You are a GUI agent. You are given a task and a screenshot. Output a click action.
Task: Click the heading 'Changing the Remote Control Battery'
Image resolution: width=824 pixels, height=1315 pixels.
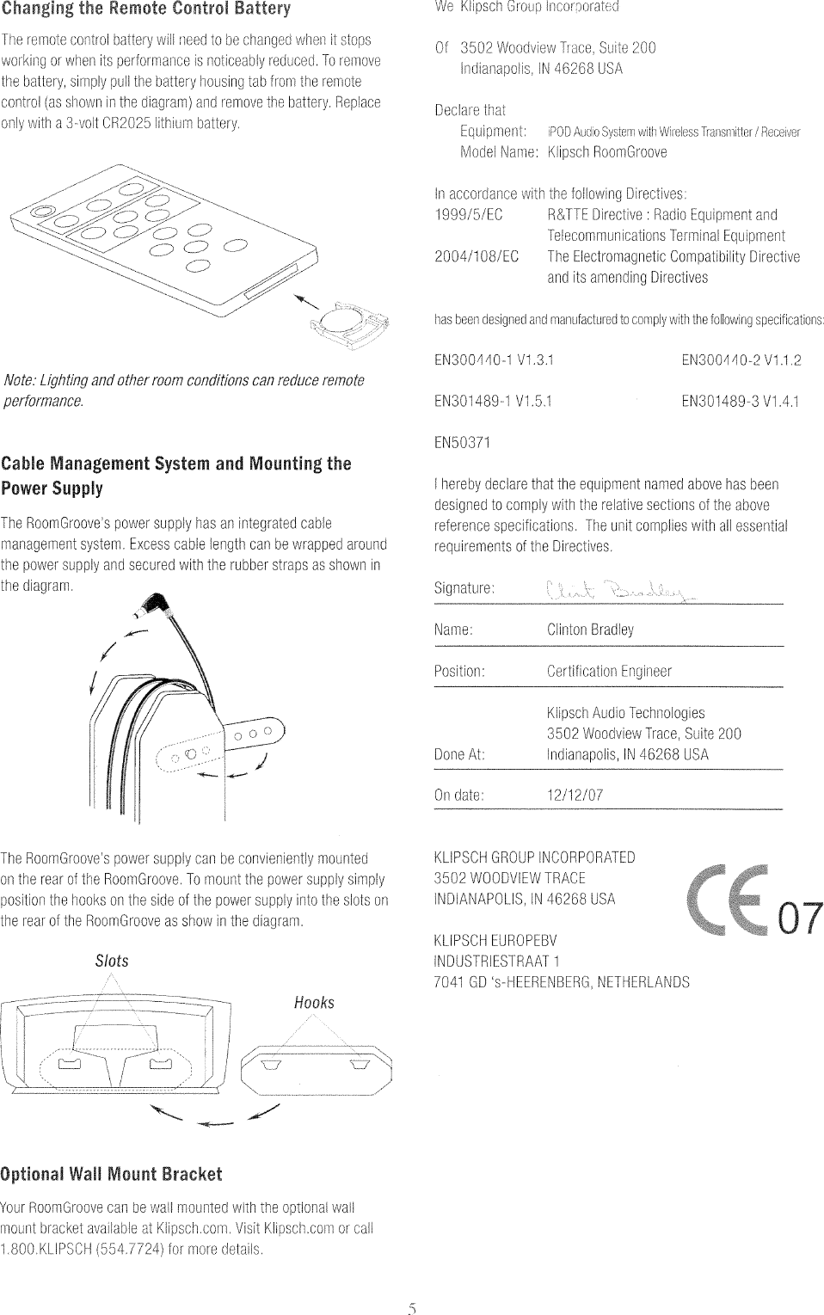pyautogui.click(x=146, y=9)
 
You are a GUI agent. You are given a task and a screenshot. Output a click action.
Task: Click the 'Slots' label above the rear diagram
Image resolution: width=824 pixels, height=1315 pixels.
pyautogui.click(x=112, y=961)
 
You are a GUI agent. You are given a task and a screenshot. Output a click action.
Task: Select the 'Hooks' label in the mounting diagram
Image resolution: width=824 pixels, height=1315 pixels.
pyautogui.click(x=314, y=1003)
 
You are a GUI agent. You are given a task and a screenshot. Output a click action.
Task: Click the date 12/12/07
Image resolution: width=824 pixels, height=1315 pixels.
pyautogui.click(x=575, y=796)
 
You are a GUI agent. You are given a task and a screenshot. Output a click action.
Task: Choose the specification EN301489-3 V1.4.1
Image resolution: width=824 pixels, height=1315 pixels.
pyautogui.click(x=740, y=401)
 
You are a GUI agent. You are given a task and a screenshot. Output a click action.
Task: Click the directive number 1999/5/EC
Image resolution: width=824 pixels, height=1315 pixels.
pyautogui.click(x=469, y=215)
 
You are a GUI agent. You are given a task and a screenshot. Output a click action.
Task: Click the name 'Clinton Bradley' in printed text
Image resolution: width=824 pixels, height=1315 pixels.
pyautogui.click(x=590, y=630)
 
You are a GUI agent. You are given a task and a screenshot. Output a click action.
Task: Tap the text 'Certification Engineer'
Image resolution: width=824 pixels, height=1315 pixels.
pyautogui.click(x=609, y=672)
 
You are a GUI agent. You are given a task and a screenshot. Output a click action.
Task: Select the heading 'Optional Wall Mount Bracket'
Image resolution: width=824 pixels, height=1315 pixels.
pyautogui.click(x=111, y=1175)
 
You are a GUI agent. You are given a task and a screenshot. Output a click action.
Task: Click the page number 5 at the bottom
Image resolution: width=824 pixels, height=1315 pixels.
pyautogui.click(x=412, y=1310)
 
